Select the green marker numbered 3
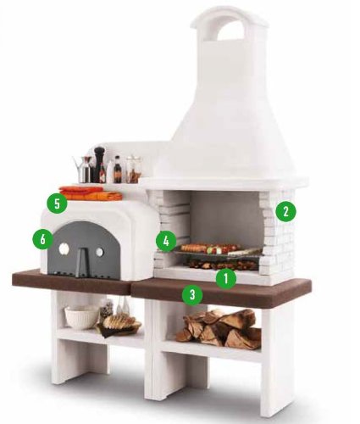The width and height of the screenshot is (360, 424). (193, 295)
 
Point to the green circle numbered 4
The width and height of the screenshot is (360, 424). (166, 241)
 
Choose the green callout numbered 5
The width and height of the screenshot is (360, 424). (57, 203)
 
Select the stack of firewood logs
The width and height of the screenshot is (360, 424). (219, 329)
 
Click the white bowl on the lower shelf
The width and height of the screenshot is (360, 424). (82, 317)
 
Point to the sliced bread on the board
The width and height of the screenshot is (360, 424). (119, 323)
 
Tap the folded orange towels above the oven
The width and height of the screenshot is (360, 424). (90, 193)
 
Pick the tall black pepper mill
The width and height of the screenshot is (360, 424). (100, 165)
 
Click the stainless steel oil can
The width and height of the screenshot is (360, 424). (84, 170)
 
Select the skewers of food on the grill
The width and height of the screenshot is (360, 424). (208, 248)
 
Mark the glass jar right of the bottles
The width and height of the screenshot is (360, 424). (132, 170)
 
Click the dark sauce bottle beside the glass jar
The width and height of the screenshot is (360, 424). (117, 170)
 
